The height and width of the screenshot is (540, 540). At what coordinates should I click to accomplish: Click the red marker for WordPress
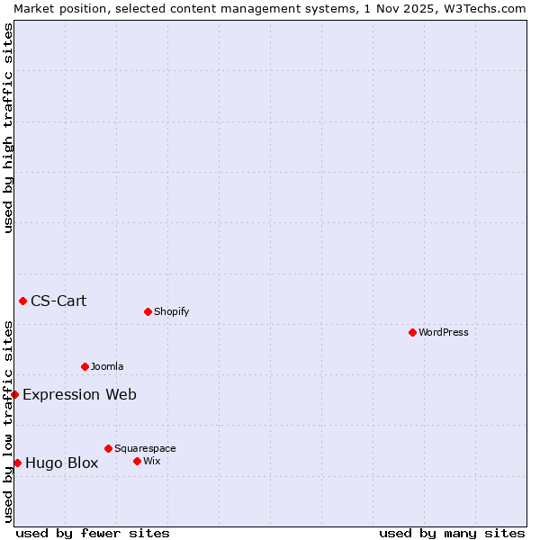[x=412, y=332]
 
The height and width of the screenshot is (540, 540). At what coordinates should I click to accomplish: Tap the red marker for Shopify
[x=148, y=311]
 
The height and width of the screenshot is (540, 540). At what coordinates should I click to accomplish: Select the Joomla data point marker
[x=85, y=366]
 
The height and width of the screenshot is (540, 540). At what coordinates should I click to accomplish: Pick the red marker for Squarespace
[x=108, y=448]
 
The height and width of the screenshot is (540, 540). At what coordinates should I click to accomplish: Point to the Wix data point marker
[x=137, y=461]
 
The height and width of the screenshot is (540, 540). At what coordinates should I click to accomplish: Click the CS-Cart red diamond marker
[x=22, y=301]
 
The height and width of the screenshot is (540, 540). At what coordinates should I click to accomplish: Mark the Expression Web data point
[x=14, y=394]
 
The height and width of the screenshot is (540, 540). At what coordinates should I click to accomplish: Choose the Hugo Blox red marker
[x=17, y=463]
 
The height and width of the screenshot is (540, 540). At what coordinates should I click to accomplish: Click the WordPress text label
[x=444, y=332]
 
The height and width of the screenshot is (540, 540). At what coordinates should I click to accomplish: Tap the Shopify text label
[x=171, y=311]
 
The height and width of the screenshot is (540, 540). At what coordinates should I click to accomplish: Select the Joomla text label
[x=107, y=366]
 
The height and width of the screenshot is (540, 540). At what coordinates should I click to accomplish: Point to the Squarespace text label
[x=145, y=448]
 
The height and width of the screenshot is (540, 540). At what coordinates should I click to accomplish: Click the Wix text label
[x=152, y=461]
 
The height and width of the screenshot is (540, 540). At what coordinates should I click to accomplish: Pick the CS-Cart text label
[x=58, y=301]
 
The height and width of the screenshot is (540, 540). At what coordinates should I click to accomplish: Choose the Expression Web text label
[x=79, y=394]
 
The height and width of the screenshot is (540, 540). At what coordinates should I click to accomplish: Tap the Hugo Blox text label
[x=61, y=463]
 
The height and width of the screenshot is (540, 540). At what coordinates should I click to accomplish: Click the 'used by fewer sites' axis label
[x=93, y=533]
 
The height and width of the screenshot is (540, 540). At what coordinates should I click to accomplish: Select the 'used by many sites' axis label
[x=452, y=533]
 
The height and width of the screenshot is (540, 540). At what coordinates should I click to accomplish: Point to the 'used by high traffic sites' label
[x=8, y=128]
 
